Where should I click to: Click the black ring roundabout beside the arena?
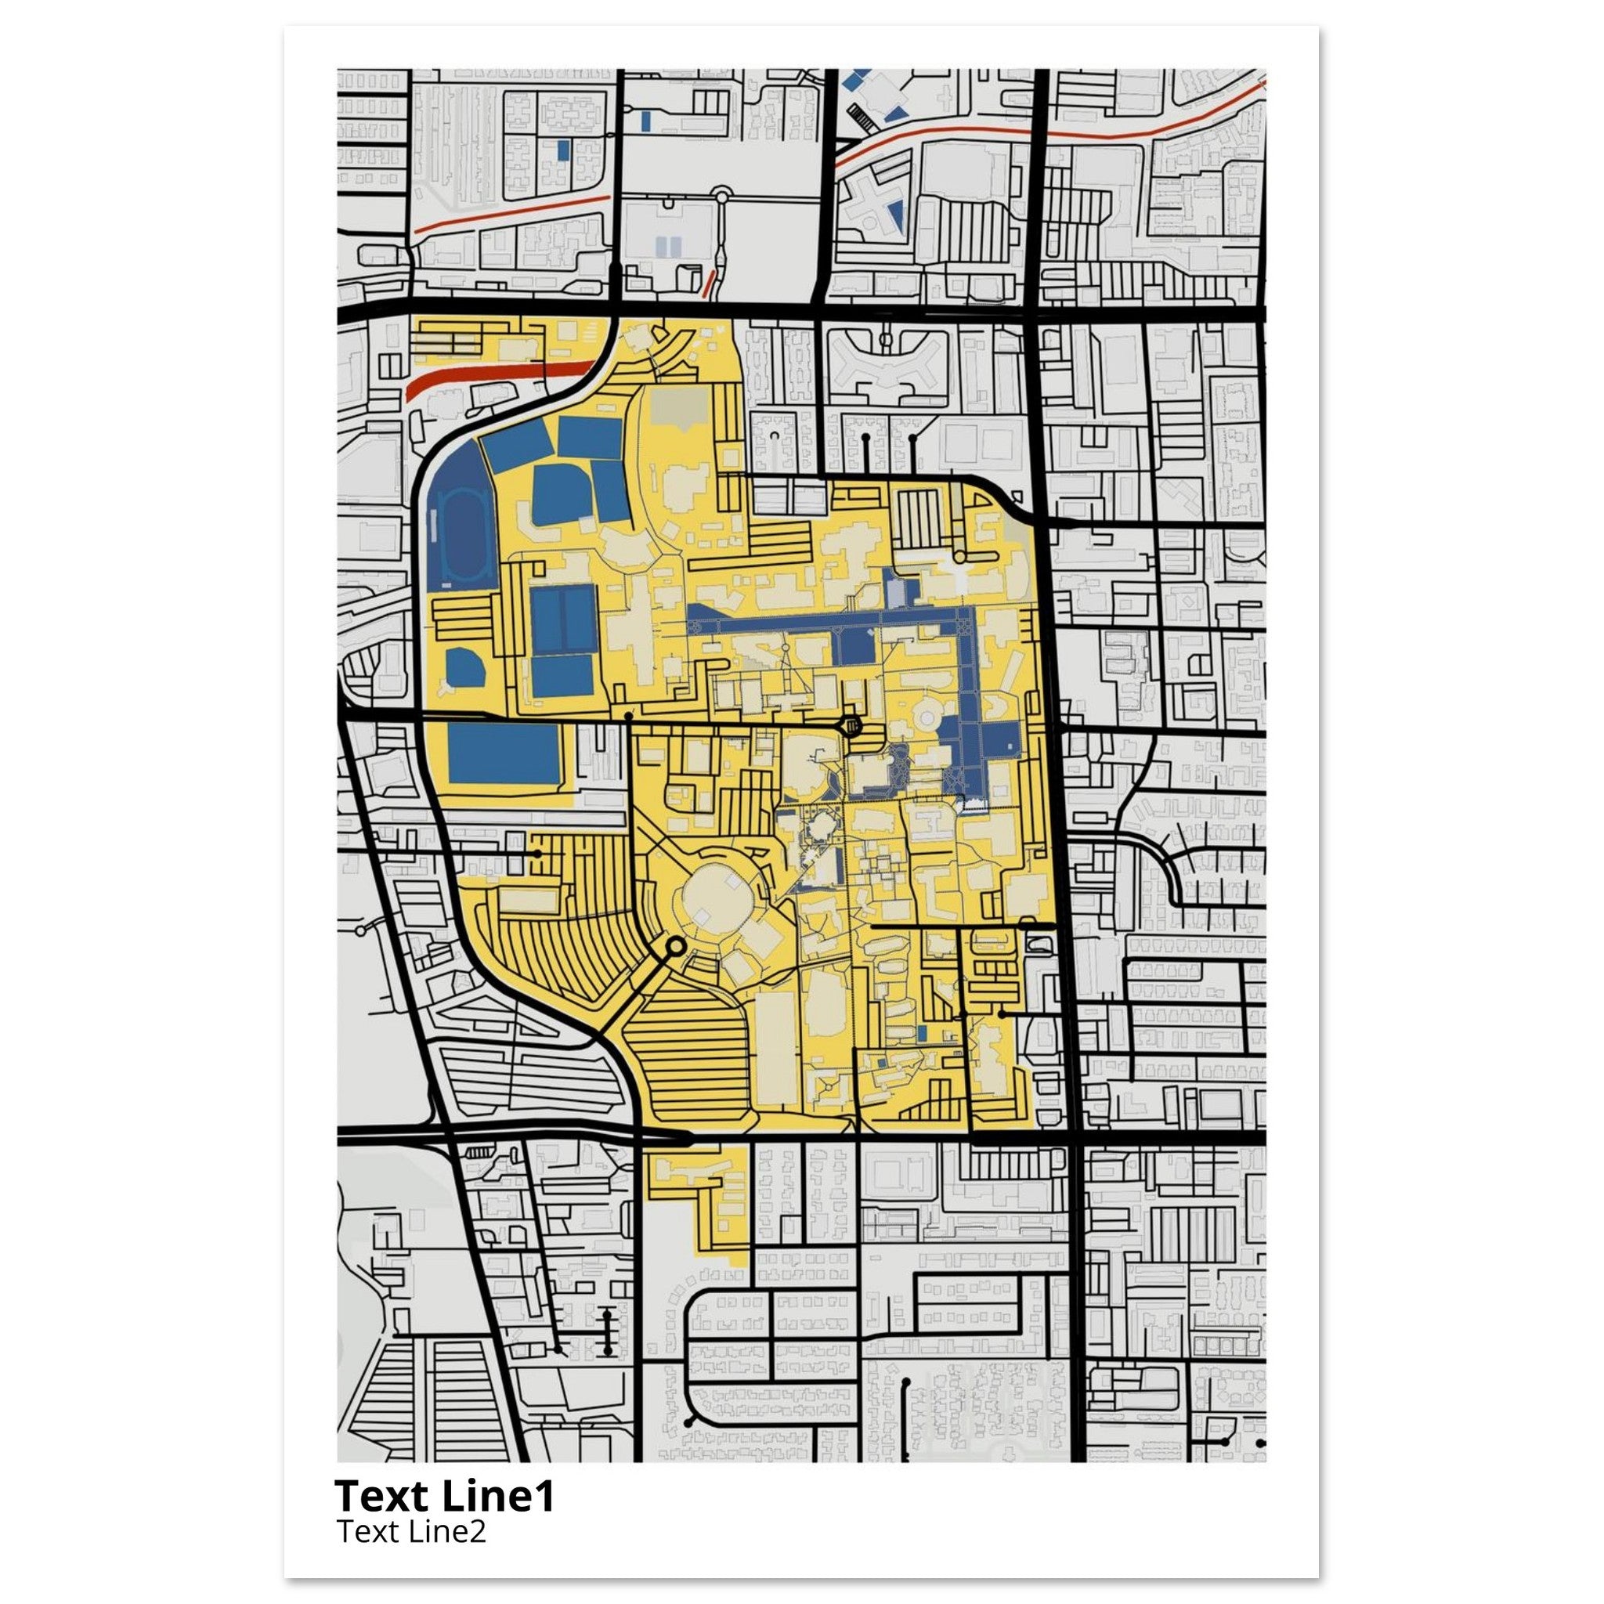pyautogui.click(x=675, y=945)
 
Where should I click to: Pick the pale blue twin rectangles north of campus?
pyautogui.click(x=668, y=247)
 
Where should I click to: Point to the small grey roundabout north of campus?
pyautogui.click(x=721, y=197)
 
